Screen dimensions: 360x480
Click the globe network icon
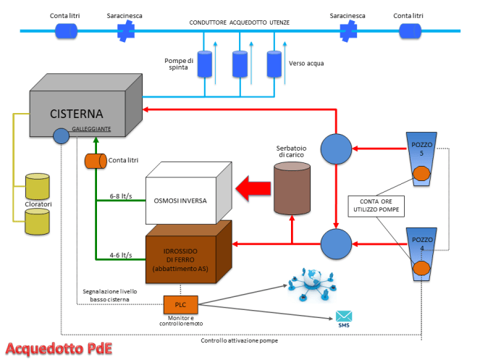(310, 285)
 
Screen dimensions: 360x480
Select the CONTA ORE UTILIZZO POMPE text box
(376, 206)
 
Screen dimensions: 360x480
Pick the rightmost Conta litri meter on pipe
(410, 30)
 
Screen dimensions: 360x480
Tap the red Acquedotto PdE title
(58, 346)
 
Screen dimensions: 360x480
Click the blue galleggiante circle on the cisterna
(62, 135)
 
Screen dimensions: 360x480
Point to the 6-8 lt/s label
(121, 196)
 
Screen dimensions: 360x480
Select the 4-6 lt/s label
(121, 255)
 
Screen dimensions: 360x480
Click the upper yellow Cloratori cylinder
(37, 186)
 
